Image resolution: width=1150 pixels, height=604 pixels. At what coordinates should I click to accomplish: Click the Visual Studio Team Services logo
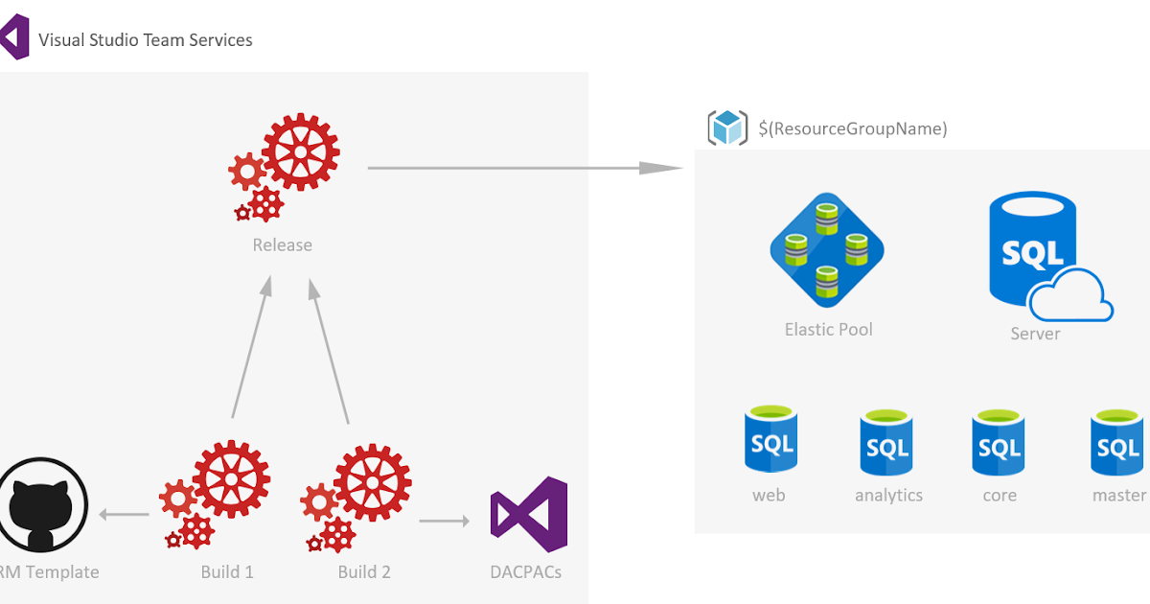[x=13, y=38]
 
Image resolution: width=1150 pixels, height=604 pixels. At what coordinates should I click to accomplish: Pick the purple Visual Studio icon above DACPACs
[x=528, y=508]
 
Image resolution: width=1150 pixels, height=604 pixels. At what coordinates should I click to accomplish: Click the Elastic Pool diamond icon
[x=826, y=250]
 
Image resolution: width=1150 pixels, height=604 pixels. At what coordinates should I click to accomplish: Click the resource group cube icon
[x=727, y=128]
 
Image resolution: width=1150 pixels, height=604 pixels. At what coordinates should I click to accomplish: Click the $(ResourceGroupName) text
[x=852, y=128]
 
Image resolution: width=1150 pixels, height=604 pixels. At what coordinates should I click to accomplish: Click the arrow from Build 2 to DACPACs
[x=445, y=522]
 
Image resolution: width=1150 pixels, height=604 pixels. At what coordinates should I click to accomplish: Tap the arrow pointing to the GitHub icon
[x=125, y=515]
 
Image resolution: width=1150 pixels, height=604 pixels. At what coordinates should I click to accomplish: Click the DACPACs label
[x=525, y=572]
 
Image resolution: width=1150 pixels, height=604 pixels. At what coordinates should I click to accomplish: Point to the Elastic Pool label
[x=828, y=330]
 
